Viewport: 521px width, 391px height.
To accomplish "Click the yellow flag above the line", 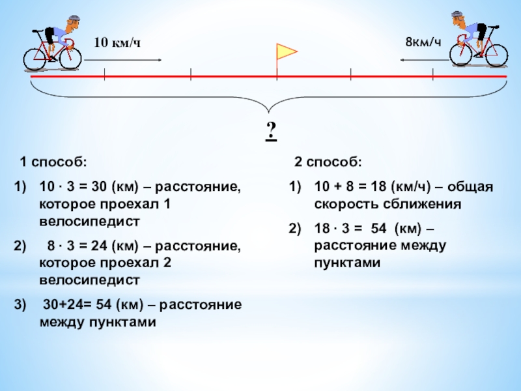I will coord(287,51).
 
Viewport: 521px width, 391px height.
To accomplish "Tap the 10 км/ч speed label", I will coord(118,42).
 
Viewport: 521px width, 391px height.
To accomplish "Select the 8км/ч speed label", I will coord(423,42).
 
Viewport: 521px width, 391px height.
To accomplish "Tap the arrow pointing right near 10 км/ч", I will coord(123,60).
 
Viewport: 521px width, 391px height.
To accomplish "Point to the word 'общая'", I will coord(470,188).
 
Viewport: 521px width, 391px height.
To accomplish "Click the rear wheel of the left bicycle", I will coord(36,57).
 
